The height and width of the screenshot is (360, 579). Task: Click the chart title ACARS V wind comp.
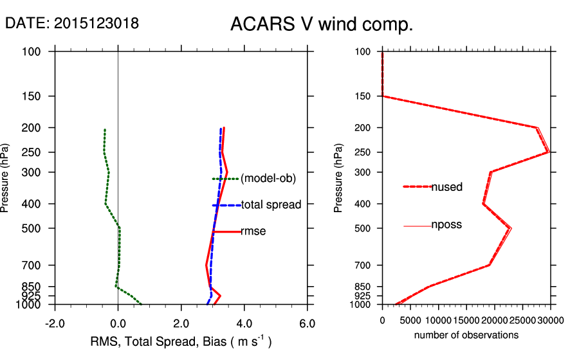(x=321, y=25)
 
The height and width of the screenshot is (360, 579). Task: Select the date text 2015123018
(x=96, y=23)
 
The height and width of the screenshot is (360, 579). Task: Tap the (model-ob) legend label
(x=268, y=179)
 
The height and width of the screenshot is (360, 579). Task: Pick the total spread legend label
(x=271, y=205)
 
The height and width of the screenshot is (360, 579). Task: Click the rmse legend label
(x=253, y=231)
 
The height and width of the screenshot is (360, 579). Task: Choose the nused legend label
(x=446, y=187)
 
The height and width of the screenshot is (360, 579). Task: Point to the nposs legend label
(x=446, y=225)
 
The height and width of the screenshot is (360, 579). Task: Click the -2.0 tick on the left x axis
(x=55, y=323)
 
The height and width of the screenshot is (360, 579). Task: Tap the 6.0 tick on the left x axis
(x=307, y=323)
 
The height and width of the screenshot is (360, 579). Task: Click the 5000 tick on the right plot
(x=410, y=319)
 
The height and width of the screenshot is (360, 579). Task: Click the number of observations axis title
(x=466, y=335)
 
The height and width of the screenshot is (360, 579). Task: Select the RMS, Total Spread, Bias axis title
(x=181, y=342)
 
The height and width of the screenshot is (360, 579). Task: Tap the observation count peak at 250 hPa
(x=547, y=152)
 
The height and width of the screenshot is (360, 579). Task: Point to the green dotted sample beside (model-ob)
(x=225, y=179)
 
